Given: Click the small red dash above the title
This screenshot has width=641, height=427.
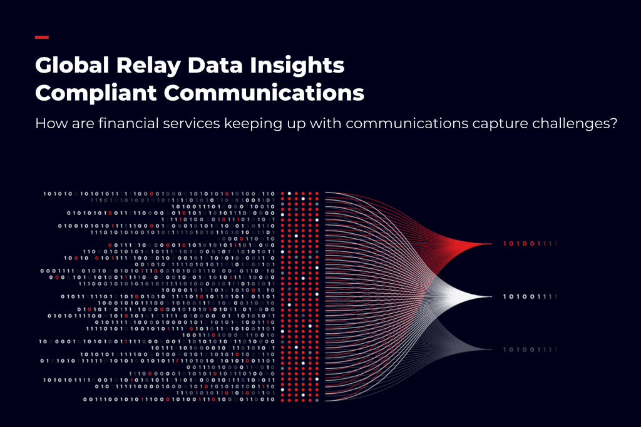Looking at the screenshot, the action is tap(42, 37).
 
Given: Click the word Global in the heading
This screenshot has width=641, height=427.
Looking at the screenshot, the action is tap(72, 65).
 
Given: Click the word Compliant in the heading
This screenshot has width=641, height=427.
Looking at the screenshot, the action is tap(96, 94).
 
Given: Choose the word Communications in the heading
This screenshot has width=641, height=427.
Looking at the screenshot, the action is tap(264, 93).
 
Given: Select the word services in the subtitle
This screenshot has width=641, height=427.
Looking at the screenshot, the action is tap(192, 124).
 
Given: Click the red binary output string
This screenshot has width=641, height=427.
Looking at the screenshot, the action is tap(530, 244).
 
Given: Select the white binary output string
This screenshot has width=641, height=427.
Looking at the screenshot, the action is tap(530, 296).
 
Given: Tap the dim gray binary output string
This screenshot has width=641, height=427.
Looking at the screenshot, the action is tap(530, 349).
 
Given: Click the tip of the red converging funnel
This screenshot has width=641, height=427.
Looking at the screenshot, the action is tap(491, 244).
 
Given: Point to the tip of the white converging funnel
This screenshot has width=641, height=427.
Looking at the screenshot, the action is tap(491, 296).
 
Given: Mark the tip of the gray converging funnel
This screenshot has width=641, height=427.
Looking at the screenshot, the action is tap(491, 349).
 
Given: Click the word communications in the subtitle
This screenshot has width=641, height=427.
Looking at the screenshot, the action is tap(407, 124).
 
